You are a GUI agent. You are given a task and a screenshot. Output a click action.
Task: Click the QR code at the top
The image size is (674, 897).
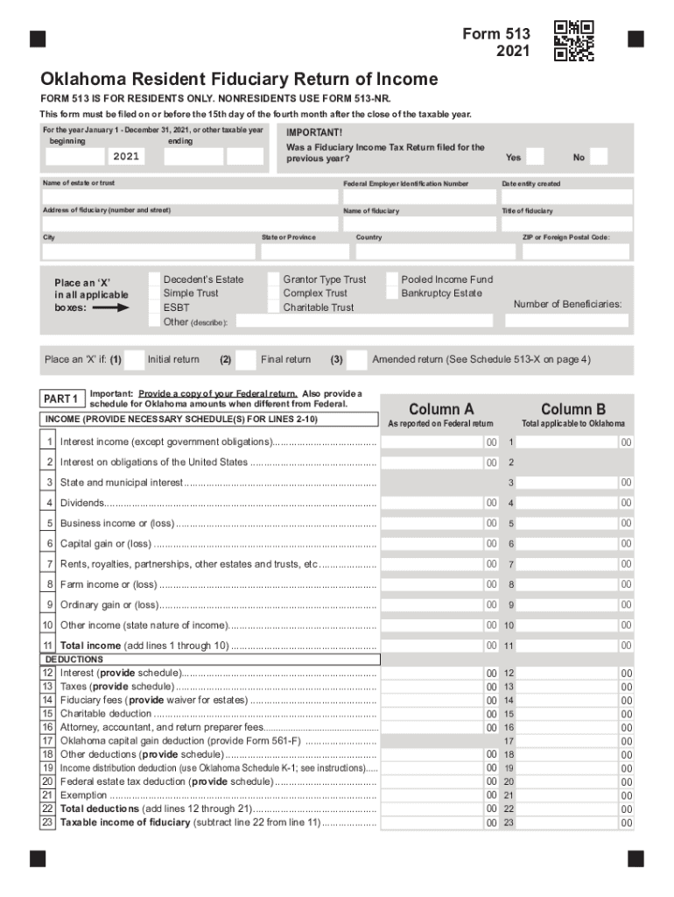pos(574,40)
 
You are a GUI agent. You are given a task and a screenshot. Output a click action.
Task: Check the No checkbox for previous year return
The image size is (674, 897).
pos(600,157)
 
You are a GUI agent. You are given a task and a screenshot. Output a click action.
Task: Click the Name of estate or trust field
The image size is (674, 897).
pos(189,197)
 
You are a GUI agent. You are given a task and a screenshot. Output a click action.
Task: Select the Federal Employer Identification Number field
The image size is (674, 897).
pos(418,197)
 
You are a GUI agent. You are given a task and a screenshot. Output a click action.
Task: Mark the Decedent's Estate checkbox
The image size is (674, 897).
pos(151,279)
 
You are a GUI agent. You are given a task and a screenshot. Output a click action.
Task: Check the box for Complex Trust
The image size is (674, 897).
pos(270,293)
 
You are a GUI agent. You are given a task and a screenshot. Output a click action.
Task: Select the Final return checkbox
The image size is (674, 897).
pos(249,359)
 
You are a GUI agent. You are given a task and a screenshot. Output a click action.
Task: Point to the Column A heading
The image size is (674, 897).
pos(441,409)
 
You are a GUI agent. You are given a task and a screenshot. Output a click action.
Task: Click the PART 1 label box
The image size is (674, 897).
pos(61,399)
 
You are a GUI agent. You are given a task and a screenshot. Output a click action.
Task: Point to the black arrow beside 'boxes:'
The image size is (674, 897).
pos(110,308)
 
